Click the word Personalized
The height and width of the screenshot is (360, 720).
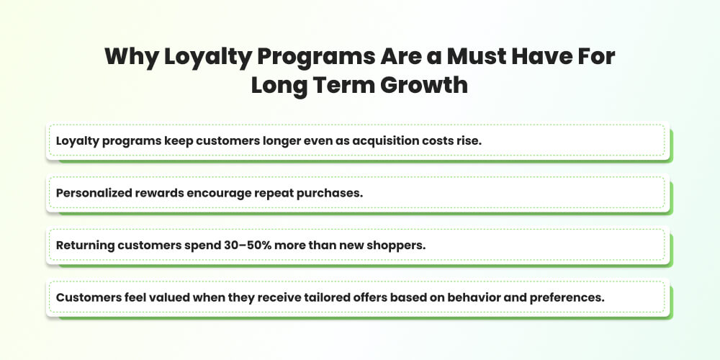(93, 192)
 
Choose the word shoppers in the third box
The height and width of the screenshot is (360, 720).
(396, 245)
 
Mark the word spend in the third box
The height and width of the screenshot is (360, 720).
(203, 245)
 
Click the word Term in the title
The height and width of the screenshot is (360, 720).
(341, 86)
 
